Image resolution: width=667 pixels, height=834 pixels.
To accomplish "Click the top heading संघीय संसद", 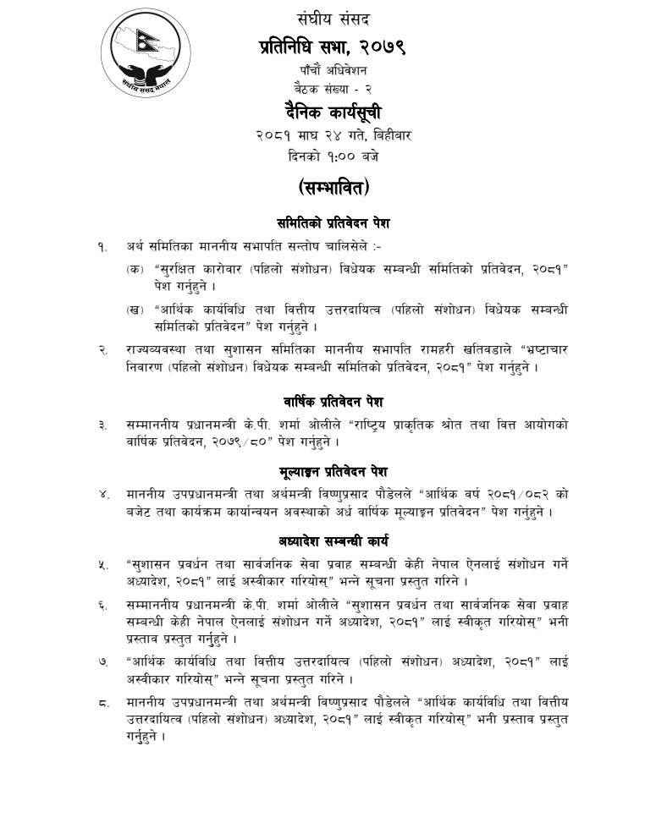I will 333,18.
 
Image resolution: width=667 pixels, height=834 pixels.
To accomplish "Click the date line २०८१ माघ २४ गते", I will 333,134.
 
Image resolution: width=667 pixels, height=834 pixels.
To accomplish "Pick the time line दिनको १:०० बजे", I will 333,156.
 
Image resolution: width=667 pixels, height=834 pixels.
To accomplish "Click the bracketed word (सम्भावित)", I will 333,187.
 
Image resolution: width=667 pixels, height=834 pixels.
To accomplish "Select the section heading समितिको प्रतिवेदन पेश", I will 333,223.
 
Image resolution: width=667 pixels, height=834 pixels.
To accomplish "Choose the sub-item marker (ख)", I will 134,309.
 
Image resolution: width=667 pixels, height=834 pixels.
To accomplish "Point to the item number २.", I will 102,349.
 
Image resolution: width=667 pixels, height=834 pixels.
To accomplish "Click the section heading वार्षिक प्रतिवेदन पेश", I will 333,401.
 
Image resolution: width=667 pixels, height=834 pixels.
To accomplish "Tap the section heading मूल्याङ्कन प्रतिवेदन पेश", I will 333,470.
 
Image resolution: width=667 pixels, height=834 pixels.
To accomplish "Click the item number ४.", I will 102,494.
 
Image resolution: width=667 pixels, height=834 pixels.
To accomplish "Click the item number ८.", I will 102,702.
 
